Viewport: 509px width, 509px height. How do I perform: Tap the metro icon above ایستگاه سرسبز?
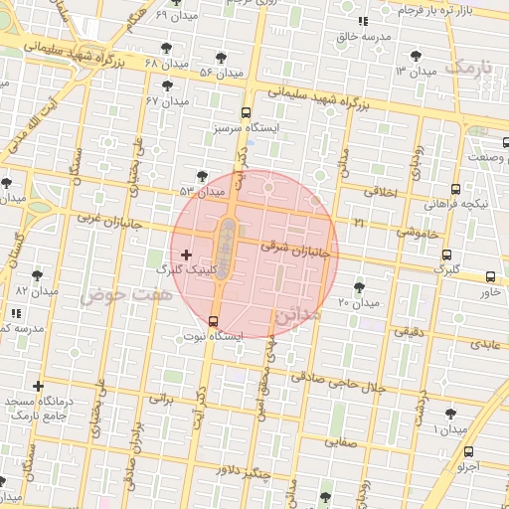(x=247, y=112)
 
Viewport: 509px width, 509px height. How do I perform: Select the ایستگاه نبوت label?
(x=211, y=337)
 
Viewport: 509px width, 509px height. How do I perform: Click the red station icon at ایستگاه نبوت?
(x=213, y=320)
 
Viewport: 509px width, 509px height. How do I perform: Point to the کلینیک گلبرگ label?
(x=185, y=269)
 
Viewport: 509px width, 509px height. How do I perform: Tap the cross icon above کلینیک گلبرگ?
(x=186, y=255)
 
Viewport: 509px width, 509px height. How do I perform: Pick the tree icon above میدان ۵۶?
(x=220, y=58)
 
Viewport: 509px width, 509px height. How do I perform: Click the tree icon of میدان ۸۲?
(x=38, y=275)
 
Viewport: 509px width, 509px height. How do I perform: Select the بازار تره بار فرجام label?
(x=438, y=10)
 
